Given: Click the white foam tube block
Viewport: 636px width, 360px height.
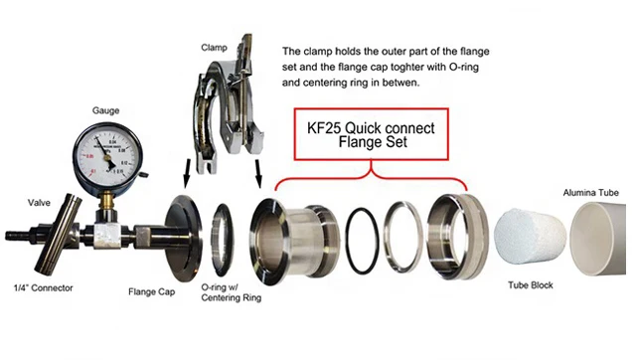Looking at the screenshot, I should [x=529, y=240].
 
